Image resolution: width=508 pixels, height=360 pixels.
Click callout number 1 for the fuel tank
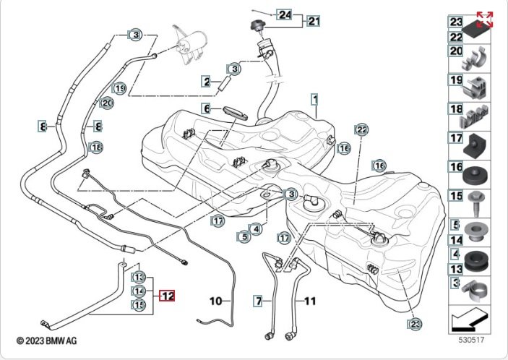[314, 97]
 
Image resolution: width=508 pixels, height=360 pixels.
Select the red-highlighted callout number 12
[167, 296]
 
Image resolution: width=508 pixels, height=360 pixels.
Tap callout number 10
[216, 299]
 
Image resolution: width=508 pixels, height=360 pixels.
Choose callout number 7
[258, 299]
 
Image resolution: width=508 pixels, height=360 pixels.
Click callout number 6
[206, 109]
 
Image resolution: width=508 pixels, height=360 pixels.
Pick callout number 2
[206, 82]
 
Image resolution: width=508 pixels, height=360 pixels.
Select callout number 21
[313, 21]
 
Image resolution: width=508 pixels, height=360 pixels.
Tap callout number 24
[284, 14]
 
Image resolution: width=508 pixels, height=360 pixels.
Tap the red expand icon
[485, 20]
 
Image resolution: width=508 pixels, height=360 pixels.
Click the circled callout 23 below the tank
[415, 324]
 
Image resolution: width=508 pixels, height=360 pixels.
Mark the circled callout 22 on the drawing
[361, 129]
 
